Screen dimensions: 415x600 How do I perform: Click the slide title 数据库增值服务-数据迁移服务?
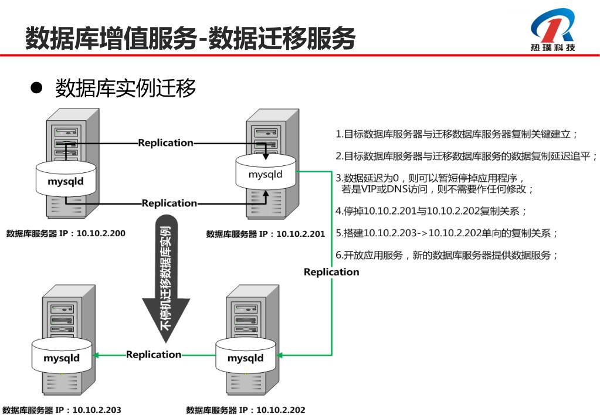[191, 38]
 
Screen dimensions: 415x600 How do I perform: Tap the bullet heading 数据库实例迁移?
[126, 89]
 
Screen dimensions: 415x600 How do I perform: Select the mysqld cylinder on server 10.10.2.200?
[66, 181]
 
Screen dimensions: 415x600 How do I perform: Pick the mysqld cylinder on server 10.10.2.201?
[265, 174]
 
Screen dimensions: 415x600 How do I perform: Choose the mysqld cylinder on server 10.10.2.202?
[245, 358]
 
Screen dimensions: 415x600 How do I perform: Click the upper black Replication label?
[165, 142]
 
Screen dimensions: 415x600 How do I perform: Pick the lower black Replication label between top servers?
[169, 203]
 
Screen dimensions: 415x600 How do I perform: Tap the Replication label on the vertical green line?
[331, 272]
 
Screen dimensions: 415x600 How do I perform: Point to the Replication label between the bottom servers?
[154, 354]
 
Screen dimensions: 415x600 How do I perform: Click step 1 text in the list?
[457, 134]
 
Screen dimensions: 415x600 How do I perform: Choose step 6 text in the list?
[446, 255]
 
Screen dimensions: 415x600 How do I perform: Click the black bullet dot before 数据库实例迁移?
[37, 89]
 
